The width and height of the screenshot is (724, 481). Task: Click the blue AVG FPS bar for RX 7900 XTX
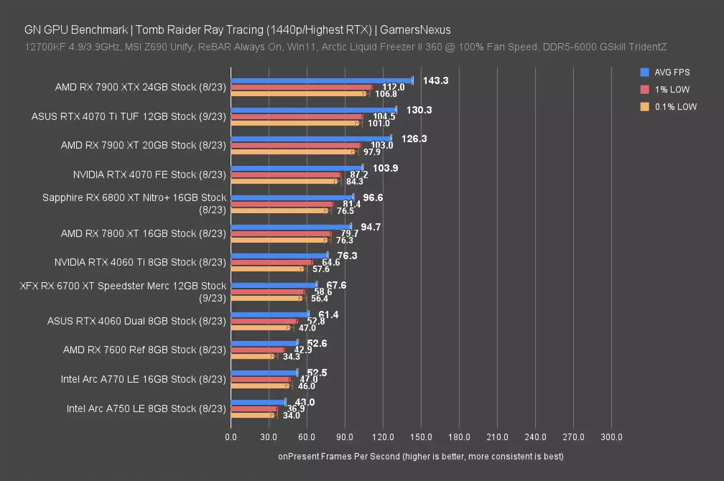point(321,81)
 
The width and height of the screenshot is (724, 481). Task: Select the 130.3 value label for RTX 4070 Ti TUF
point(419,110)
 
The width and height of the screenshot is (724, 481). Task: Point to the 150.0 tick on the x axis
point(421,437)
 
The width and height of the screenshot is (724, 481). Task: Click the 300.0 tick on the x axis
point(611,437)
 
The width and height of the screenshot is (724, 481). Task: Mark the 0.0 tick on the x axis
point(231,437)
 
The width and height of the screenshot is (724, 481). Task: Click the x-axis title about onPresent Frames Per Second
point(420,456)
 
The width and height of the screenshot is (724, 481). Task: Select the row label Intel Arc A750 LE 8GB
point(146,408)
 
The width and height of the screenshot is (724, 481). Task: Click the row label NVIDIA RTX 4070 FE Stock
point(149,174)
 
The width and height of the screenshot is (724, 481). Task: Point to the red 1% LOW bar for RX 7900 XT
point(296,145)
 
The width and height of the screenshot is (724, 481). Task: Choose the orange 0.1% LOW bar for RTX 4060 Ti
point(267,268)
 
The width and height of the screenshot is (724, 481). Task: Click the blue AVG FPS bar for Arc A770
point(264,373)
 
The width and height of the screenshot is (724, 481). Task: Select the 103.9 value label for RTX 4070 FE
point(385,168)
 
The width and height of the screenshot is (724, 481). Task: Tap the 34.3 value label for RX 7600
point(291,356)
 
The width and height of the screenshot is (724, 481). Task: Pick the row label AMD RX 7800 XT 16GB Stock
point(143,233)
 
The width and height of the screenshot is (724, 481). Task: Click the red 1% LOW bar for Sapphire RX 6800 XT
point(282,204)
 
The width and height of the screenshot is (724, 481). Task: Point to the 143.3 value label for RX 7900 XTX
point(435,81)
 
